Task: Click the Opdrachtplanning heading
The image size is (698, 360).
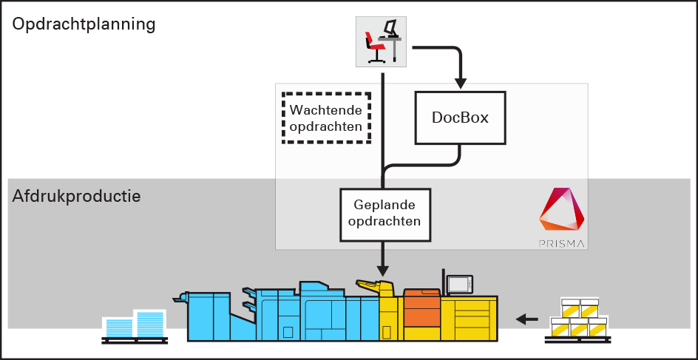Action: pyautogui.click(x=84, y=24)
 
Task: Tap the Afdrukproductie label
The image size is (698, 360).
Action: pyautogui.click(x=76, y=197)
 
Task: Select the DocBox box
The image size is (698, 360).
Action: pyautogui.click(x=460, y=118)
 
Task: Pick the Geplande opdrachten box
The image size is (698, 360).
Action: pyautogui.click(x=385, y=214)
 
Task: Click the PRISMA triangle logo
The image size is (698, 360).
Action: pyautogui.click(x=563, y=211)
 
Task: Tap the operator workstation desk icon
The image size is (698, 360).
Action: pyautogui.click(x=380, y=41)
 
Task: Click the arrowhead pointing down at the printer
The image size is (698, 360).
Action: pyautogui.click(x=383, y=267)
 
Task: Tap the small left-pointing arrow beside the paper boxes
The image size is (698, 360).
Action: pyautogui.click(x=527, y=319)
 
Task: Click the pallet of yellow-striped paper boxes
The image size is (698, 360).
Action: pyautogui.click(x=579, y=319)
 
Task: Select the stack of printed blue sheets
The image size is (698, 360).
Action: pyautogui.click(x=135, y=325)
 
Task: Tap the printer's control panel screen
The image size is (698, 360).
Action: pyautogui.click(x=459, y=284)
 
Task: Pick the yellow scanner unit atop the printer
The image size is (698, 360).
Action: pyautogui.click(x=375, y=286)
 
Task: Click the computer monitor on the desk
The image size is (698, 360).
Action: pyautogui.click(x=390, y=29)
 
